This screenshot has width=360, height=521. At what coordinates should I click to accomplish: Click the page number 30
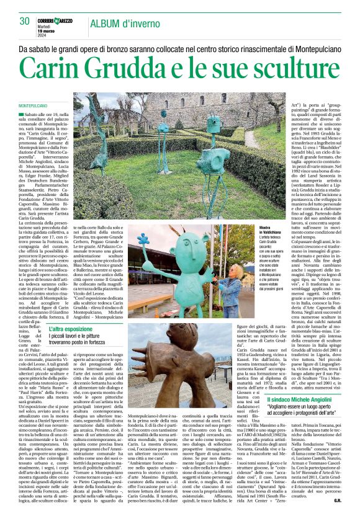25,21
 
